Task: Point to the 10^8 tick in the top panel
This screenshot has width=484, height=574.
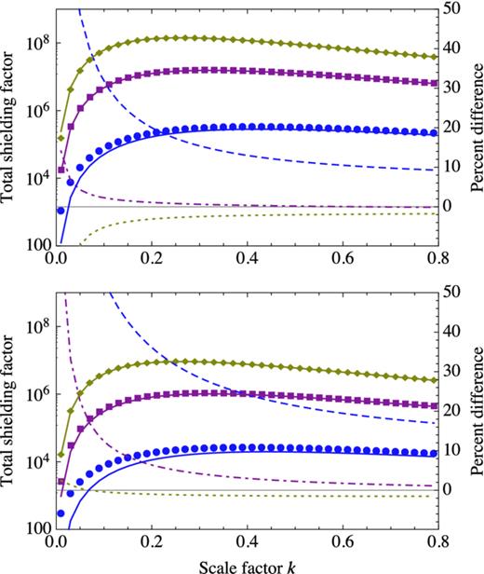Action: [x=36, y=43]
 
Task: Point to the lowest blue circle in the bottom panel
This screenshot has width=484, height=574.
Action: [x=60, y=512]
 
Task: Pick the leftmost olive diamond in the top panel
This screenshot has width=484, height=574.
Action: [x=60, y=137]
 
